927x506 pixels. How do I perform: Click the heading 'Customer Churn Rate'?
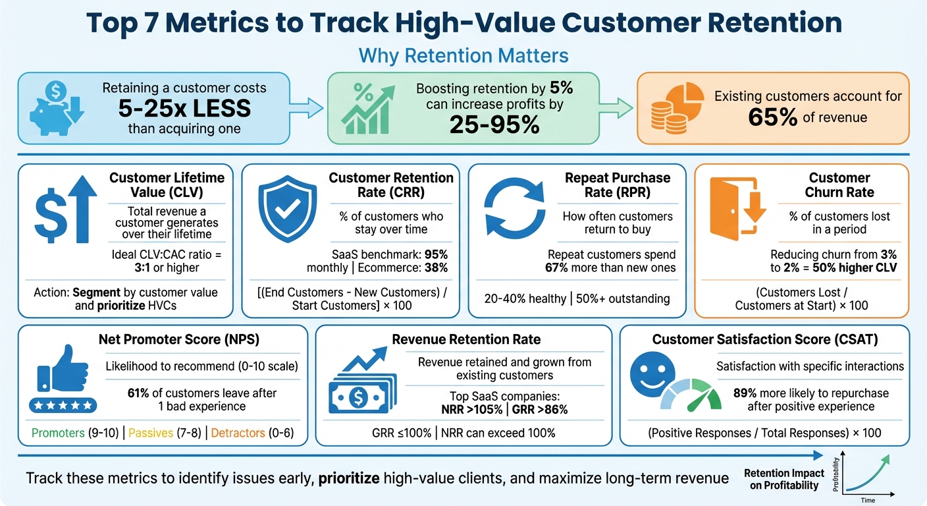coord(839,185)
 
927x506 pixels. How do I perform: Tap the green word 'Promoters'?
coord(59,433)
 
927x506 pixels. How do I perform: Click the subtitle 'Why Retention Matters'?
coord(463,55)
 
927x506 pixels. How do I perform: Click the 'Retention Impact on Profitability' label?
coord(783,480)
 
